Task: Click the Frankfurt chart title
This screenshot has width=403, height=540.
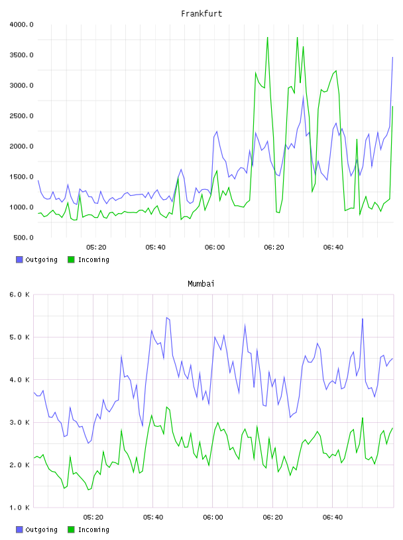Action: (x=201, y=14)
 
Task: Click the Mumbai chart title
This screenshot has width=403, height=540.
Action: (x=201, y=284)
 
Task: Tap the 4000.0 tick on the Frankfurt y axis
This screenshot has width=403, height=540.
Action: (x=21, y=24)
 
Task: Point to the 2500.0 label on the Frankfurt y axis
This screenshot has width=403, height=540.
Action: (x=21, y=116)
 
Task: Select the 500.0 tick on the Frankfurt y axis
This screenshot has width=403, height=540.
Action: (x=23, y=238)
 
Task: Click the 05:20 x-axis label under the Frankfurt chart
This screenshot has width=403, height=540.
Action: (x=96, y=247)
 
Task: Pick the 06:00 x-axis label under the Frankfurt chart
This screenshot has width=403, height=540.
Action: (x=215, y=247)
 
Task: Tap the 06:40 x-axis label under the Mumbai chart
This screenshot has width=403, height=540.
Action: (x=333, y=517)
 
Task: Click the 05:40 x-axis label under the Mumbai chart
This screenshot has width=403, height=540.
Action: (x=153, y=517)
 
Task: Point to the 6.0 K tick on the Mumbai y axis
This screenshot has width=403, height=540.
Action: (x=19, y=294)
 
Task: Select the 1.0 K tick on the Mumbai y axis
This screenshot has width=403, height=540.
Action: (x=19, y=508)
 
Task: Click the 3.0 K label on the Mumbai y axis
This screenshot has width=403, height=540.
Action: (x=19, y=422)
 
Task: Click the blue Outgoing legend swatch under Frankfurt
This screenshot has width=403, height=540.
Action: (x=19, y=259)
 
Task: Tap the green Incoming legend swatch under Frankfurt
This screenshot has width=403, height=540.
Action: (x=71, y=259)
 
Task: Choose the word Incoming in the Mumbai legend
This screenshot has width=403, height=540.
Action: (x=93, y=529)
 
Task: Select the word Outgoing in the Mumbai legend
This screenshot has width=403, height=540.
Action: (x=41, y=529)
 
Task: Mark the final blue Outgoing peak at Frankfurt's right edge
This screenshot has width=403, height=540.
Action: (x=392, y=58)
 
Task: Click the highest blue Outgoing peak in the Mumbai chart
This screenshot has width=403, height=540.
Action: (x=166, y=318)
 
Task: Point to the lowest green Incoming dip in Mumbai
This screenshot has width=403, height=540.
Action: (x=88, y=490)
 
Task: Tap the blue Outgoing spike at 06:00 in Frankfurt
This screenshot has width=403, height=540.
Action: (x=217, y=131)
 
